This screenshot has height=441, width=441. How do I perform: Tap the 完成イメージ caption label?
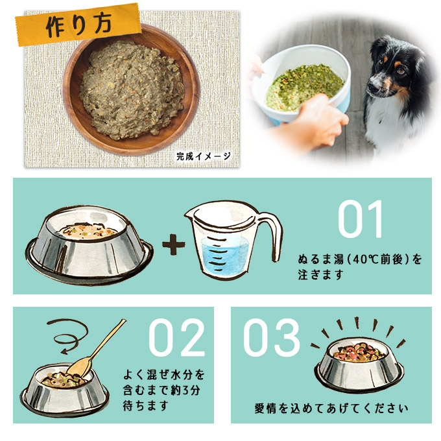click(203, 156)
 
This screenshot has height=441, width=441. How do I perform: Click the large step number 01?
click(361, 219)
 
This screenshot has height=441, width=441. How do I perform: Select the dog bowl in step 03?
click(359, 366)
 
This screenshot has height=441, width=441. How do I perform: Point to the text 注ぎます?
click(320, 274)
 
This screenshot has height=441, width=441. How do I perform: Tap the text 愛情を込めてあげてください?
click(331, 409)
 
